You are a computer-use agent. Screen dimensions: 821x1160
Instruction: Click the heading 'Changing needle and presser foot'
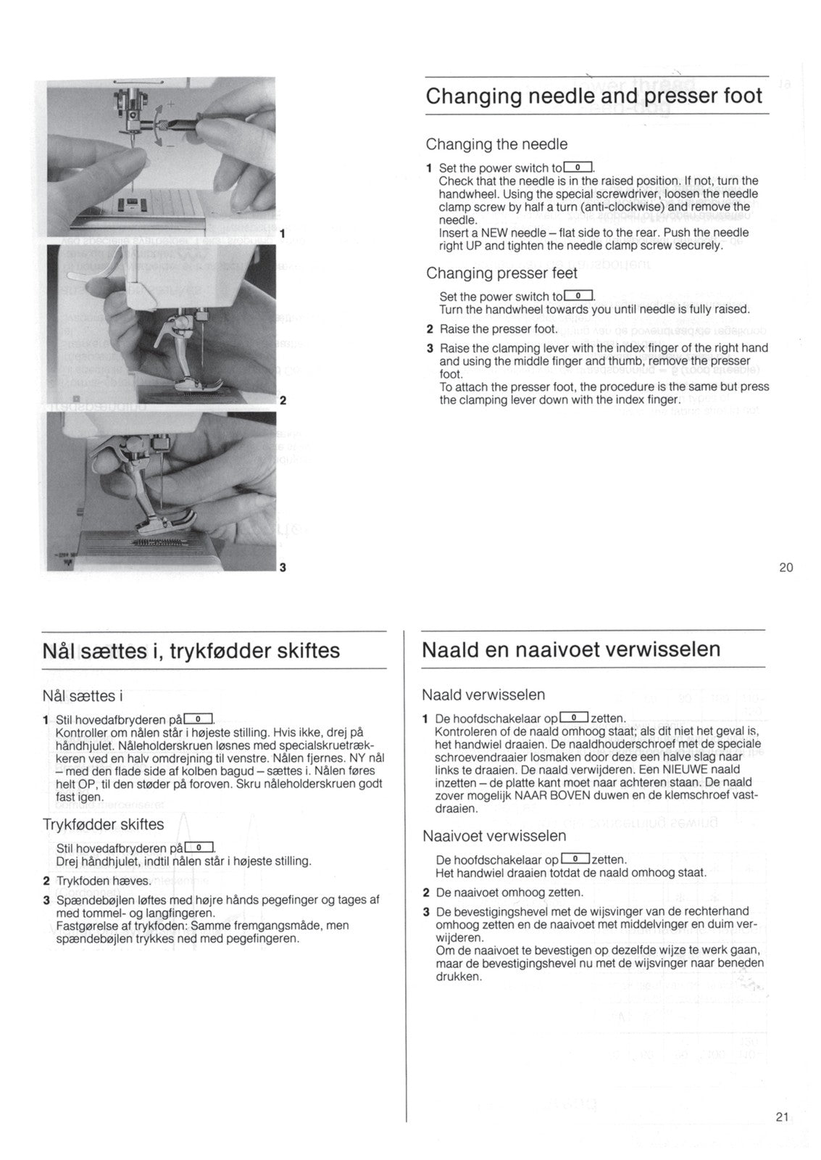pos(593,96)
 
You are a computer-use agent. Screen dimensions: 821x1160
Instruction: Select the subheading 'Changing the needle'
pos(496,144)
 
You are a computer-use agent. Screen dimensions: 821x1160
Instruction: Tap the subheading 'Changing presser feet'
pos(501,273)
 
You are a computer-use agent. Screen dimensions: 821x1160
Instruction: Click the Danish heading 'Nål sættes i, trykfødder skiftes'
pos(191,650)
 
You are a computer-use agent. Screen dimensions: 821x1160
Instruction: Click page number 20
pos(785,568)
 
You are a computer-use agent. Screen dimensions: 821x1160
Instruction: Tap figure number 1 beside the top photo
pos(282,234)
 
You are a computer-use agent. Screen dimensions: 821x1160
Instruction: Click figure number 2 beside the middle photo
pos(283,400)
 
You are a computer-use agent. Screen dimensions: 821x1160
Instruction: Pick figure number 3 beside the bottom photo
pos(283,567)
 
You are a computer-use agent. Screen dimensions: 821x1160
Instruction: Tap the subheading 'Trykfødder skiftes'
pos(103,824)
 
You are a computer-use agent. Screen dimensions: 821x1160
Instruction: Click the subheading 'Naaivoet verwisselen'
pos(494,836)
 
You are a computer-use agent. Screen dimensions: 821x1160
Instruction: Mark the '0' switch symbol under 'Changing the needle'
pos(578,167)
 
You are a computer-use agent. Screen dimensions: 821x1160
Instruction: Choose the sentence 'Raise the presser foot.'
pos(499,329)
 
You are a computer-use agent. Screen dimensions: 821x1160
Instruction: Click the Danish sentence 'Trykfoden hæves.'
pos(104,881)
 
